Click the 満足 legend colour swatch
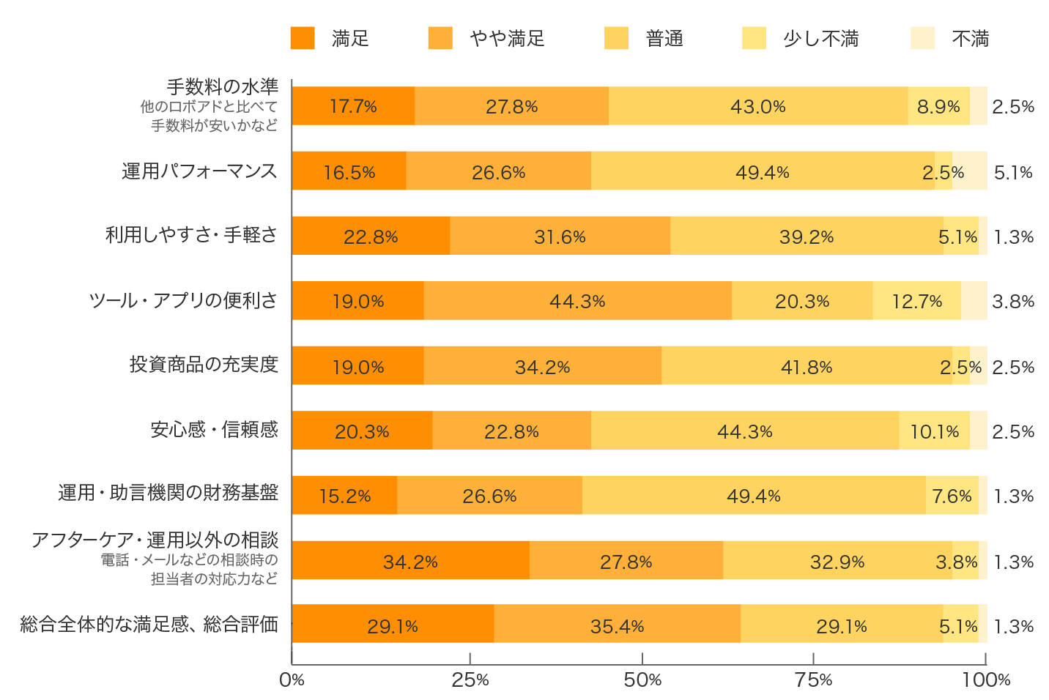tap(303, 38)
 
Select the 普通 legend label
tap(664, 38)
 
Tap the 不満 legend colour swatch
tap(922, 38)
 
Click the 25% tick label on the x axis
tap(470, 680)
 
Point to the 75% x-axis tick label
tap(814, 680)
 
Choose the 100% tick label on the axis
tap(986, 680)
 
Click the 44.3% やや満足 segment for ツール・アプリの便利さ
tap(577, 301)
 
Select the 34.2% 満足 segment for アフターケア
tap(410, 561)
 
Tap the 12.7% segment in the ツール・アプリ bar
tap(916, 301)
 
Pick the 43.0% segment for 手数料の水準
tap(757, 106)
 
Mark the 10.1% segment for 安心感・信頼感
tap(934, 431)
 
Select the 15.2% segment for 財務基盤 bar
tap(344, 496)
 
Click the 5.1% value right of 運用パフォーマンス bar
tap(1013, 172)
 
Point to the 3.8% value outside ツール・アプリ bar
tap(1013, 301)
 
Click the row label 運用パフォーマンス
tap(199, 171)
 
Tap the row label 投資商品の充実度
tap(204, 365)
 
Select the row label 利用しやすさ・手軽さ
tap(191, 235)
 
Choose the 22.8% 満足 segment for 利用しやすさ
tap(371, 237)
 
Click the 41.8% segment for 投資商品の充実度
tap(806, 366)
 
